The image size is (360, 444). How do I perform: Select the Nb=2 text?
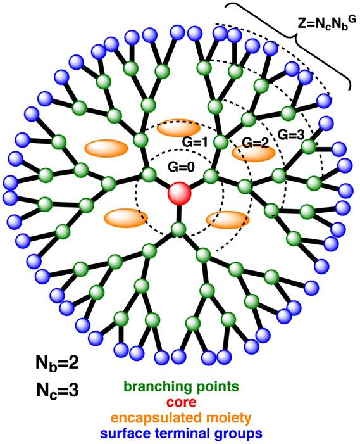[57, 363]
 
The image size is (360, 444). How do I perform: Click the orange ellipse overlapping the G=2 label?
[249, 152]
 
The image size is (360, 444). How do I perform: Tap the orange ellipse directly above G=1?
[178, 129]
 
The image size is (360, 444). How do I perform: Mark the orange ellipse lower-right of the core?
[227, 220]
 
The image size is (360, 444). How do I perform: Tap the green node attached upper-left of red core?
[149, 174]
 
